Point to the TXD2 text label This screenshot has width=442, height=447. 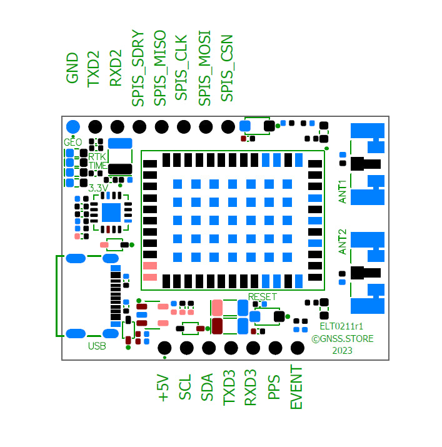(94, 68)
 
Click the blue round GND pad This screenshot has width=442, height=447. (73, 126)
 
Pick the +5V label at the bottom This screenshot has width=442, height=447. (163, 388)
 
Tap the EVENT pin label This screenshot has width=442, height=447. (296, 388)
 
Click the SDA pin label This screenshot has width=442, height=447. (207, 388)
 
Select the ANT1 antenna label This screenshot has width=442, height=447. (343, 192)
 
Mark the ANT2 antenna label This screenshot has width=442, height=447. (343, 241)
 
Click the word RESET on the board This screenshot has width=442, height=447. (262, 296)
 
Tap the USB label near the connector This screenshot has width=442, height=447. (97, 346)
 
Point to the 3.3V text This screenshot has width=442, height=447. (99, 188)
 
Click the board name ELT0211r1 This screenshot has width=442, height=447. (342, 326)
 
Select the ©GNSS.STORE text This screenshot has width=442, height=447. (343, 339)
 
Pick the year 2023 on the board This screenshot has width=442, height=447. (342, 351)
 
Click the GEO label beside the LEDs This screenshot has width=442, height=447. (73, 142)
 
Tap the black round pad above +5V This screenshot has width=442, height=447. (165, 348)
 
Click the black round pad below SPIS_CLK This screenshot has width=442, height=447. (183, 126)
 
